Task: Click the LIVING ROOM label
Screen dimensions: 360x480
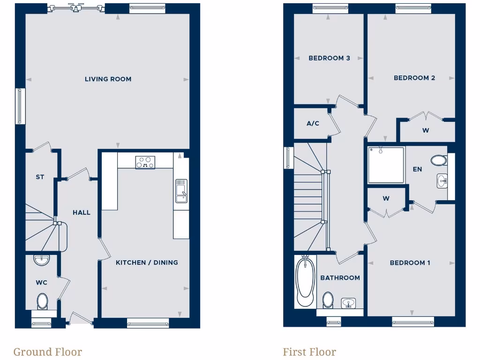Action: tap(108, 79)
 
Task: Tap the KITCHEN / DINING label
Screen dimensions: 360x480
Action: tap(147, 262)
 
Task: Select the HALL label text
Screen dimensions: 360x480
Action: tap(82, 212)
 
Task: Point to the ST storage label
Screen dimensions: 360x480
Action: tap(40, 177)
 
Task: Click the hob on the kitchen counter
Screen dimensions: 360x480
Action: tap(145, 162)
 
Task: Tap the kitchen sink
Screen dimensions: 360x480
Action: tap(181, 190)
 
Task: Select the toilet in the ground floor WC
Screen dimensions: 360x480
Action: tap(43, 300)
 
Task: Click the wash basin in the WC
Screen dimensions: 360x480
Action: tap(41, 259)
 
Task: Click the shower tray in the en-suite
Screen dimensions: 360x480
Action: tap(386, 165)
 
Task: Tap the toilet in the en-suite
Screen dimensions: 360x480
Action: tap(439, 160)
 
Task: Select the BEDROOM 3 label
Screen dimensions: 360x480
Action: tap(329, 59)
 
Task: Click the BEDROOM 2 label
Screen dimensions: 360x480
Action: tap(414, 78)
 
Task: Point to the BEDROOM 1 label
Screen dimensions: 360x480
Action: tap(410, 263)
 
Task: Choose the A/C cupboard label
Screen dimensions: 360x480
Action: tap(313, 124)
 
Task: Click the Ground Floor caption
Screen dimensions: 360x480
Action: tap(47, 352)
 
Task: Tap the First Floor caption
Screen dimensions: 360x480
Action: tap(309, 352)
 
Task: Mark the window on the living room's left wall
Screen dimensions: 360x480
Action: tap(20, 106)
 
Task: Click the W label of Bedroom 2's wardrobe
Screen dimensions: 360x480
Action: tap(426, 131)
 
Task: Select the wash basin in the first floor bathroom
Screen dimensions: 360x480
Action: tap(348, 303)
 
